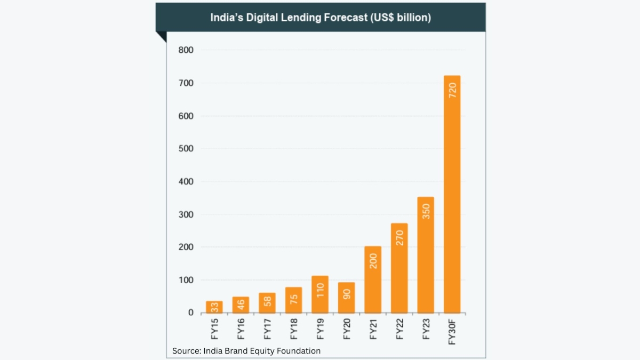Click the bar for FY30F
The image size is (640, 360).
point(452,194)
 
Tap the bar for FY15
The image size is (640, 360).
point(214,307)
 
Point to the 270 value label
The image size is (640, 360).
point(399,238)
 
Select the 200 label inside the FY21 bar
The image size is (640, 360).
point(373,260)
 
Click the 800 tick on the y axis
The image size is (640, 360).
point(186,50)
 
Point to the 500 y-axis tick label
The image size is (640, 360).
point(186,149)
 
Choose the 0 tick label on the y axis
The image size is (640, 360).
point(190,313)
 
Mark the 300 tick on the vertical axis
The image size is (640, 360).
point(186,214)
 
